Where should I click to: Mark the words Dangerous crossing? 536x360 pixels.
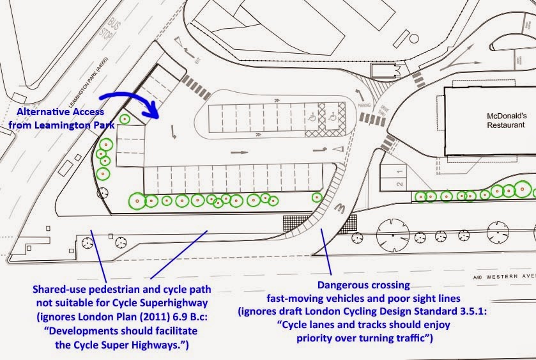point(357,285)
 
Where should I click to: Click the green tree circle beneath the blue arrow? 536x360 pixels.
point(125,119)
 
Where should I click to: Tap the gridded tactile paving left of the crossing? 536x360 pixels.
point(295,223)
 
